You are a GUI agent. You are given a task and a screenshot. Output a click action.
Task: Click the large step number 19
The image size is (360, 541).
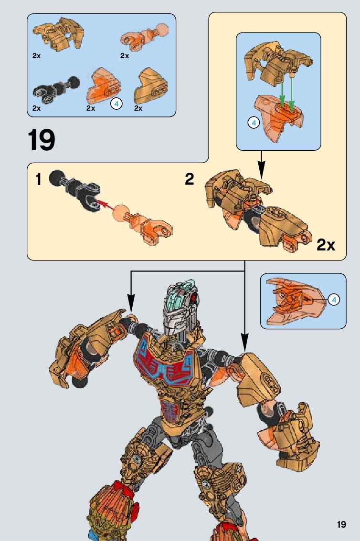(x=42, y=140)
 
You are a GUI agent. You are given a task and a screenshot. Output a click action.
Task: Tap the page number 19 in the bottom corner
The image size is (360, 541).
(x=341, y=524)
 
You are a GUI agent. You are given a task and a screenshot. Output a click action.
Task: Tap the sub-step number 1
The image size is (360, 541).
(x=38, y=180)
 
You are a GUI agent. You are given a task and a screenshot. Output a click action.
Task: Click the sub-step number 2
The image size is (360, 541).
(x=190, y=180)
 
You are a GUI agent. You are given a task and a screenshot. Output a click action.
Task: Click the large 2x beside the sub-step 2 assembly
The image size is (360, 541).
(x=326, y=246)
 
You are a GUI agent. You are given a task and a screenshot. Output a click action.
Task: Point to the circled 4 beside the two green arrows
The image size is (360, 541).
(x=253, y=123)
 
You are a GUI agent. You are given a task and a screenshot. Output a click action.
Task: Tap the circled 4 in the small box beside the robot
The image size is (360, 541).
(x=334, y=300)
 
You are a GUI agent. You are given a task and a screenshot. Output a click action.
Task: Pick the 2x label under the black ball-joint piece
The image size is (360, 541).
(x=37, y=108)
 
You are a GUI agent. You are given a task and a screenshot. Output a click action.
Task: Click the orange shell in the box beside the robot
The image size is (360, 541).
(x=293, y=301)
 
